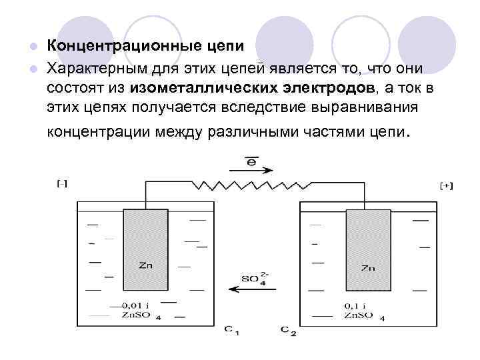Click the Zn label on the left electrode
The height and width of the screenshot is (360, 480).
click(145, 265)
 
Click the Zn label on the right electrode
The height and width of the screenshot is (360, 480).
click(367, 269)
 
